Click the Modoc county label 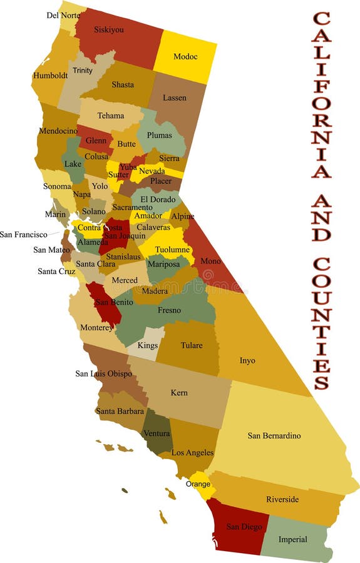[185, 57]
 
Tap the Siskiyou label [109, 29]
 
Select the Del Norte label [63, 15]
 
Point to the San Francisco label [23, 235]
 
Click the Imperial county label [293, 539]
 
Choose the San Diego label [244, 527]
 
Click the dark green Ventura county [157, 434]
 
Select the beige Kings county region [148, 345]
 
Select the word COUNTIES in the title [321, 323]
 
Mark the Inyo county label [247, 360]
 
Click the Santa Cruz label [56, 271]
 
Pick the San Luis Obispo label [104, 373]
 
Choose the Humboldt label [50, 76]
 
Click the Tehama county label [111, 116]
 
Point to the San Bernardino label [274, 435]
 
